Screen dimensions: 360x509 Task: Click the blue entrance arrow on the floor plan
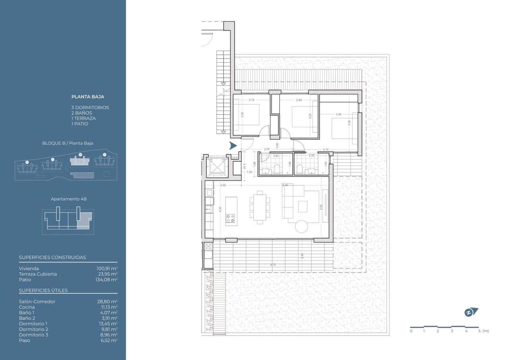coord(233,146)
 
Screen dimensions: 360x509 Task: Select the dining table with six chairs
coord(260,205)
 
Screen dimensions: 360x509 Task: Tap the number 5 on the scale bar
coord(479,331)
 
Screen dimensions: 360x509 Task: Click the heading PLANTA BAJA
coord(87,97)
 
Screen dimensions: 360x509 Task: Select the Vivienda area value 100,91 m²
coord(107,269)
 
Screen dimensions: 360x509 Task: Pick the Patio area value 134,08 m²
coord(107,280)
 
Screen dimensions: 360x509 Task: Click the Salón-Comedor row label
coord(37,302)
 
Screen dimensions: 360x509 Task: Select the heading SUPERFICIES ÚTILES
coord(43,290)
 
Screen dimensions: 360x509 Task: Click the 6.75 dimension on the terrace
coord(273,264)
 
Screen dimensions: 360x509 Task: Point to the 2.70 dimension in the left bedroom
coord(251,100)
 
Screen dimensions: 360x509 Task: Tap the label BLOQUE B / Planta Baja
coord(68,143)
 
